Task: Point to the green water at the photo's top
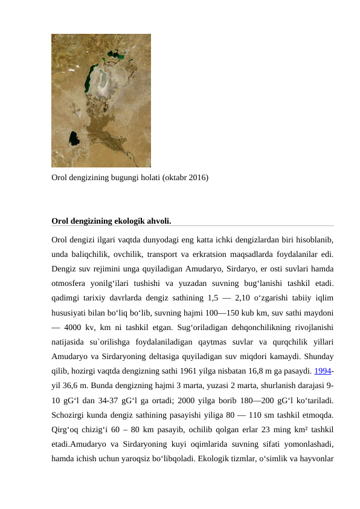[x=115, y=57]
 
